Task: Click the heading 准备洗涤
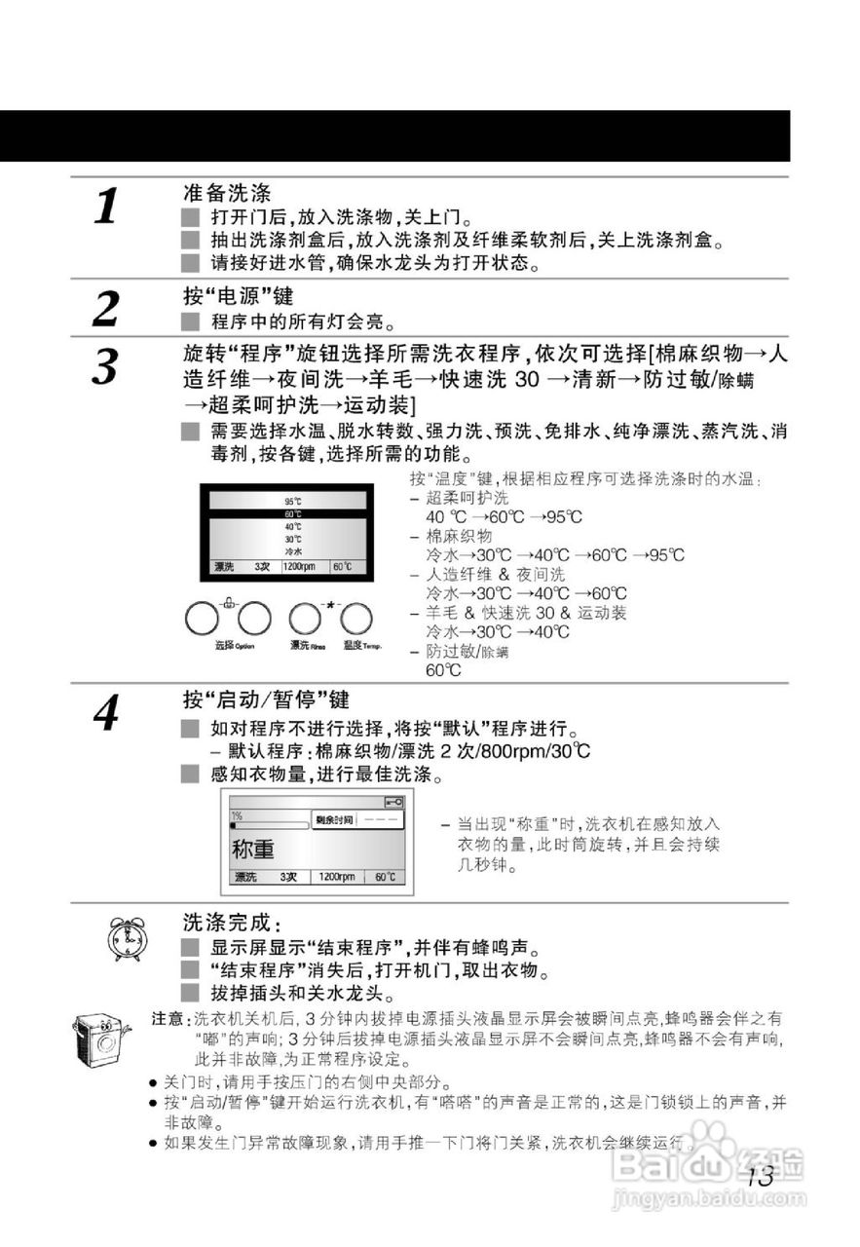[227, 193]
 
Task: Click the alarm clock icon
[125, 938]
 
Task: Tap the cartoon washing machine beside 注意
[100, 1041]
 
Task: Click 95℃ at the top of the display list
[292, 501]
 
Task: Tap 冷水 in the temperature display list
[292, 551]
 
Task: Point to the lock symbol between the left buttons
[229, 604]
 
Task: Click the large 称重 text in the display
[253, 849]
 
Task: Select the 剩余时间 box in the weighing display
[334, 820]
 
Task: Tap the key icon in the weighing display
[393, 802]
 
